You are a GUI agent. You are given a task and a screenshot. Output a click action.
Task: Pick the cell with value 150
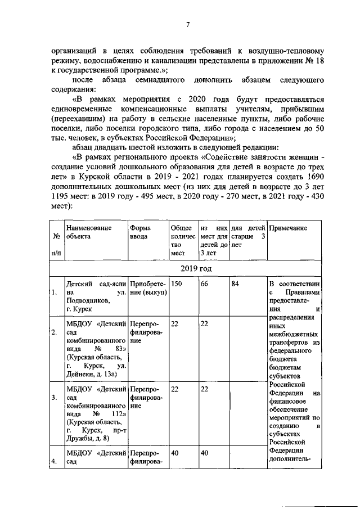click(x=177, y=285)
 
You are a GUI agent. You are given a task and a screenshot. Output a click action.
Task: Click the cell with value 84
click(x=236, y=285)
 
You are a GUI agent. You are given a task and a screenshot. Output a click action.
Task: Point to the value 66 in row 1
click(x=205, y=285)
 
